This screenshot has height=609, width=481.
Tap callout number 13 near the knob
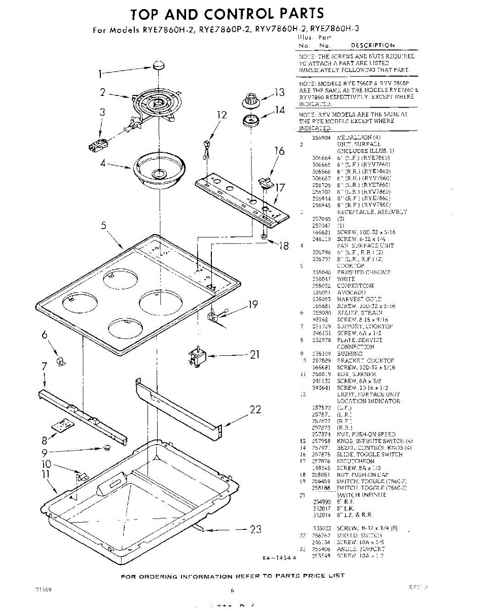click(280, 92)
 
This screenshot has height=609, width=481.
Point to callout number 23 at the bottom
click(255, 530)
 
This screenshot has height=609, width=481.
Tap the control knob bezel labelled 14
click(250, 121)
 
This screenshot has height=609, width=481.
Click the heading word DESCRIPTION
click(373, 46)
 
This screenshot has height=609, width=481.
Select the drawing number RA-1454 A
click(279, 558)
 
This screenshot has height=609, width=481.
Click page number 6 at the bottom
click(232, 590)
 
